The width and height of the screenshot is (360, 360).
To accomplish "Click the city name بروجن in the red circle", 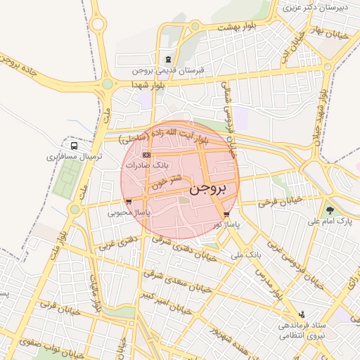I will (209, 188).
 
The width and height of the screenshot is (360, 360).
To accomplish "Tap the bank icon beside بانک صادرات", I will (146, 155).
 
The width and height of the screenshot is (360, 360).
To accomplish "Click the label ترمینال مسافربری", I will (70, 157).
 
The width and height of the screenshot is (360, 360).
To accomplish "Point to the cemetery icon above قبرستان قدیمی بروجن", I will (167, 60).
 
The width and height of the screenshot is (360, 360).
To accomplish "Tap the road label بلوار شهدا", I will (147, 84).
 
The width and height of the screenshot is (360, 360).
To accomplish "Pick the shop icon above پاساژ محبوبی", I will (128, 201).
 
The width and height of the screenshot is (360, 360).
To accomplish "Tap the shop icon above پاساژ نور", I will (226, 214).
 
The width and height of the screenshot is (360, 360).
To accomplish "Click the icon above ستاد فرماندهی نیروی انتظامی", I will (302, 314).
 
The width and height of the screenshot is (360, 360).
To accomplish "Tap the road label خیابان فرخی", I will (279, 201).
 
